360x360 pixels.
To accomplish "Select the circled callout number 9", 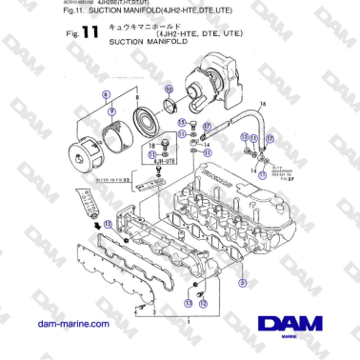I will tap(112, 110).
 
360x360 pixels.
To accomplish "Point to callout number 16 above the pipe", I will tap(262, 98).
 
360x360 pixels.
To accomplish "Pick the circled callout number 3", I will tap(242, 282).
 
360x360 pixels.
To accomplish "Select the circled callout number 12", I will tap(202, 302).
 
